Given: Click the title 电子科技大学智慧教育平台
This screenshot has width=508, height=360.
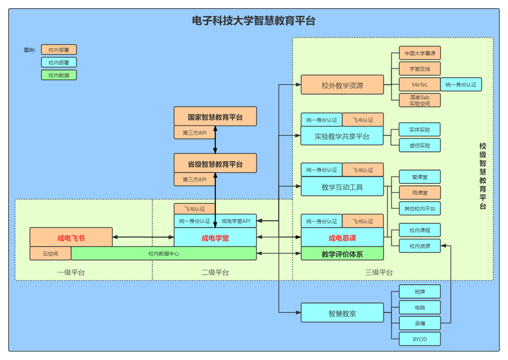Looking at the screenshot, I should (x=253, y=21).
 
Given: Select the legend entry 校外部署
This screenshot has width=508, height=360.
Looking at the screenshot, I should (x=59, y=50).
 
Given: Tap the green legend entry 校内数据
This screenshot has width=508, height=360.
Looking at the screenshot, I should (x=59, y=75).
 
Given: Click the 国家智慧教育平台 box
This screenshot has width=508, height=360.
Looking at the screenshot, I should (x=215, y=116).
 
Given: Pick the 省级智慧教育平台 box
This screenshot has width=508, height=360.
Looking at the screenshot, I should (x=215, y=164).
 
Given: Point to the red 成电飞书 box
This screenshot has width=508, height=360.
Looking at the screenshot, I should (x=71, y=238).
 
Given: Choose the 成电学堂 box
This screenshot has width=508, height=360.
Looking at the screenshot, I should (x=215, y=238).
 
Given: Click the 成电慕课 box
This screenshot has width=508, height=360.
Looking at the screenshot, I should (x=342, y=238).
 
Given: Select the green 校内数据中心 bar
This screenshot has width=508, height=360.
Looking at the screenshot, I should (x=163, y=254).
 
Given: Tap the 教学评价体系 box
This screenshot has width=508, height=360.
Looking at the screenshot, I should (x=342, y=254).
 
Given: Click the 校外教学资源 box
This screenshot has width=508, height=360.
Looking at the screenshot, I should (x=342, y=85).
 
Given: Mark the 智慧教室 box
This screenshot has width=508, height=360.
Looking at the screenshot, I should (x=342, y=313).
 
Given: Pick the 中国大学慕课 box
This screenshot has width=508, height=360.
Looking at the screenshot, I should (x=419, y=54).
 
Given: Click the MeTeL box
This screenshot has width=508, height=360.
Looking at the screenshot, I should (x=419, y=84).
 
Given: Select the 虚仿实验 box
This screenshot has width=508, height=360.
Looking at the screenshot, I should (x=419, y=145).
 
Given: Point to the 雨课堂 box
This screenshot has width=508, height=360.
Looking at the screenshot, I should (x=419, y=192).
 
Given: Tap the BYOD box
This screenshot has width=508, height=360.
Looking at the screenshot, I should (x=419, y=339).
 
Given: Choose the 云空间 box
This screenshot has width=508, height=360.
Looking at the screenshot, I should (x=51, y=254).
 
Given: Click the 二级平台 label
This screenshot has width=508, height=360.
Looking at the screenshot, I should (x=215, y=272).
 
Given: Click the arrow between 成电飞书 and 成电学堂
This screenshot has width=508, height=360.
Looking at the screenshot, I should (x=143, y=237).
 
